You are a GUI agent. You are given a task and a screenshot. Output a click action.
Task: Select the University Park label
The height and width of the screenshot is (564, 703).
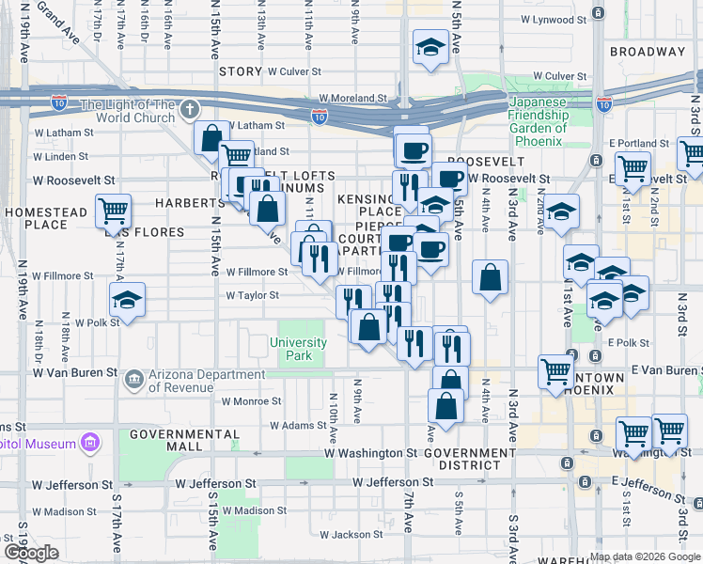point(298,349)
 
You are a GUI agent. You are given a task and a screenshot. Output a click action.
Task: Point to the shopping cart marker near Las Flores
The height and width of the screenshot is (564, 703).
point(113,211)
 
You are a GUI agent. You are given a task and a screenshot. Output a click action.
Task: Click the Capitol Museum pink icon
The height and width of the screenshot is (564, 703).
point(90,441)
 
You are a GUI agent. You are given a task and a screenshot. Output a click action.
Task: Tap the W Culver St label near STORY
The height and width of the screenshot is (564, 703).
point(294,70)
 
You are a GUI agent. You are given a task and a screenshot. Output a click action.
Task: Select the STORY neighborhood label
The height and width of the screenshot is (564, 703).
point(241,71)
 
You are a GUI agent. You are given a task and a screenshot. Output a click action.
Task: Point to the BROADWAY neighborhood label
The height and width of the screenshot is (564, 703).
point(648,52)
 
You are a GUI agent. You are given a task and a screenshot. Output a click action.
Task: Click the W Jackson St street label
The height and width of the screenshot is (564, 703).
point(351,535)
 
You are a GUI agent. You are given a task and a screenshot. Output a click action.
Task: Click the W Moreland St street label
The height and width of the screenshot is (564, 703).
point(352,97)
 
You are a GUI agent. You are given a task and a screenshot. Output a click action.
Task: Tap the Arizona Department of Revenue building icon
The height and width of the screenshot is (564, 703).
point(133,379)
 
